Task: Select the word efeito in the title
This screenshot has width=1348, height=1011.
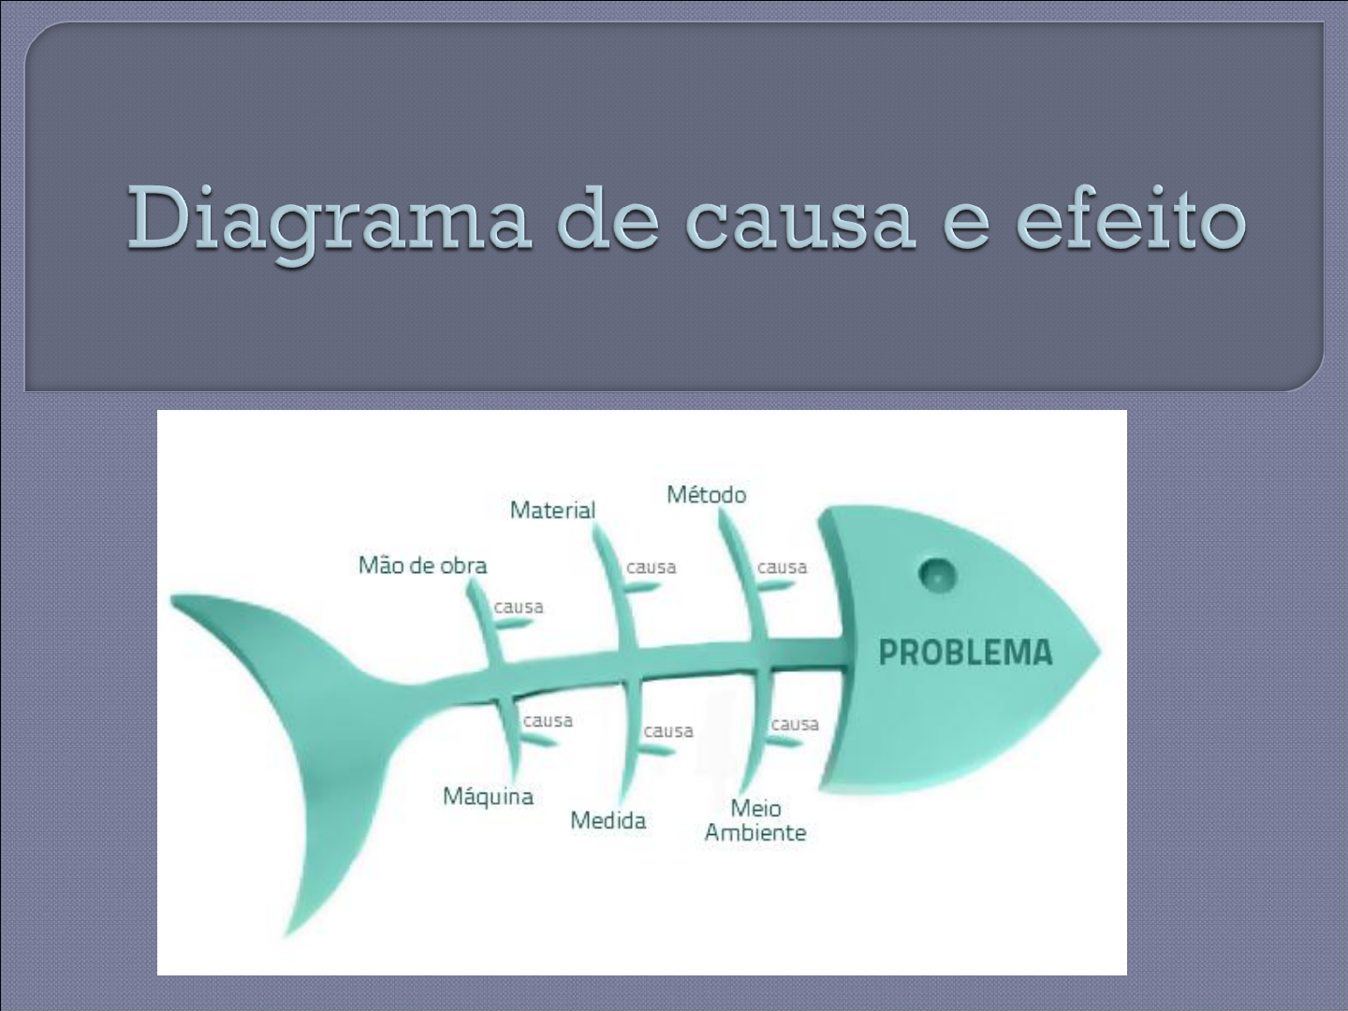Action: pos(1131,217)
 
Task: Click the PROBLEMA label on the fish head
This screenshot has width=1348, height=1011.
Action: pos(965,652)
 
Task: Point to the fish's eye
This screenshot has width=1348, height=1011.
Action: pos(937,575)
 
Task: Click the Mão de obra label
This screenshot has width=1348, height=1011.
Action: pos(422,564)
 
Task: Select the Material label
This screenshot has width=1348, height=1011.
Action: pos(552,509)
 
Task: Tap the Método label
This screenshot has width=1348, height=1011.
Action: pos(706,494)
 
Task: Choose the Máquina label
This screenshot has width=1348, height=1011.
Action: pos(489,797)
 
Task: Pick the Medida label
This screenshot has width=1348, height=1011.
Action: pos(608,820)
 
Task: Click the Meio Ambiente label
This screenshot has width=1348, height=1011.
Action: pos(755,820)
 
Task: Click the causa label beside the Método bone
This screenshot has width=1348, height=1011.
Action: pos(782,567)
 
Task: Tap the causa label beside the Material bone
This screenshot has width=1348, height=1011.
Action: pos(651,567)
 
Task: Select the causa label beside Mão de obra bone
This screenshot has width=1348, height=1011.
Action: pos(519,608)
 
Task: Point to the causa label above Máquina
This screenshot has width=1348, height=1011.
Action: pos(548,720)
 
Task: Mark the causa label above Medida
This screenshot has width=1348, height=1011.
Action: pos(668,731)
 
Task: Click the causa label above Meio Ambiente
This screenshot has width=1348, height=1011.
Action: pos(795,725)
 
